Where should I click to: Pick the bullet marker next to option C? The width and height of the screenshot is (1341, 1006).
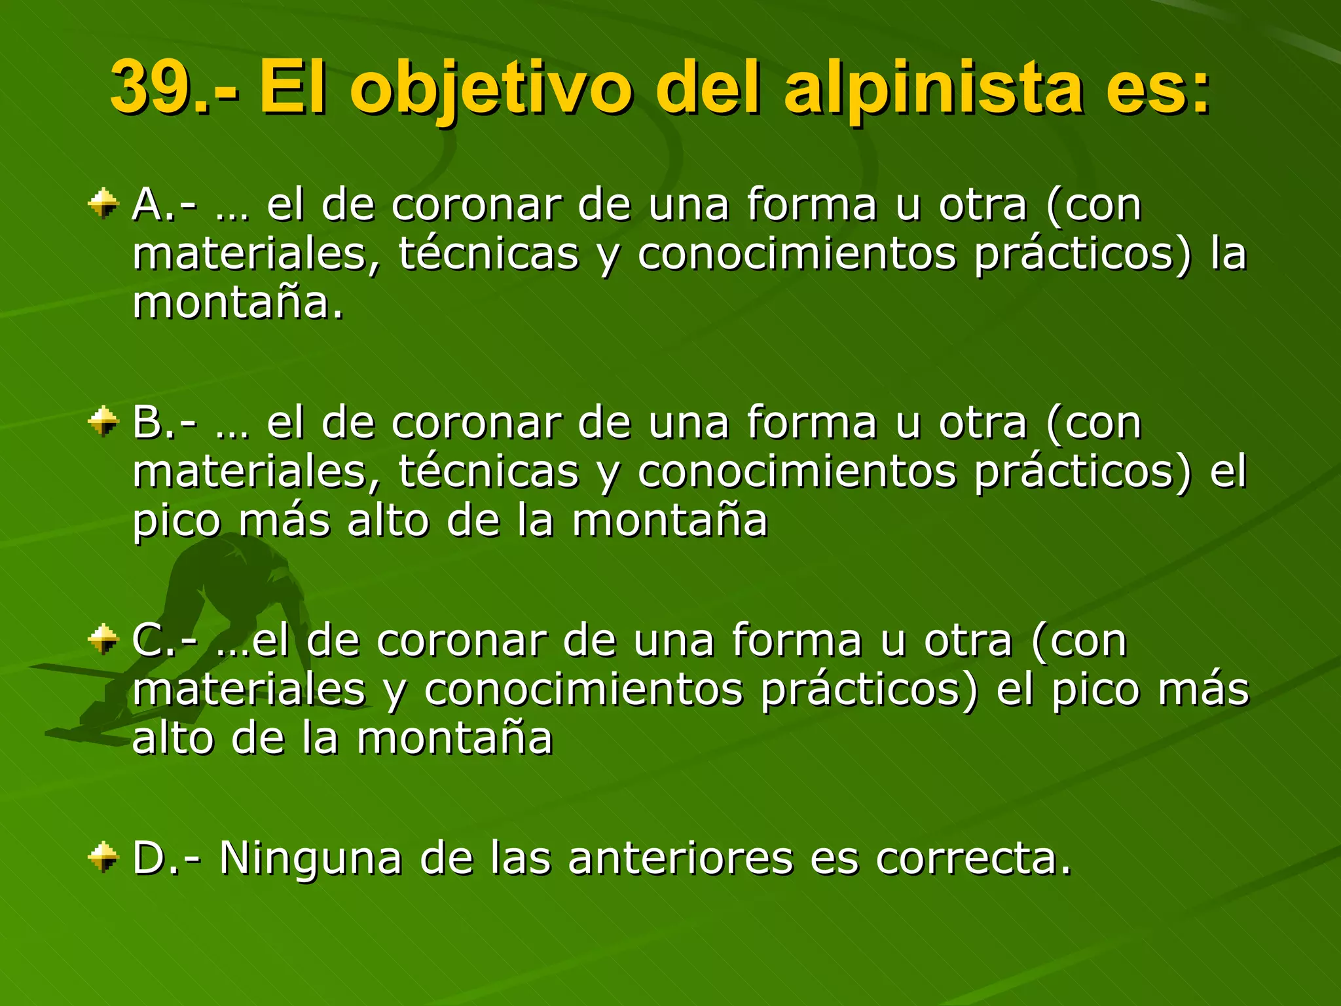pos(103,639)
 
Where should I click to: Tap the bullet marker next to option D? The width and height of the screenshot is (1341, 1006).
pos(103,857)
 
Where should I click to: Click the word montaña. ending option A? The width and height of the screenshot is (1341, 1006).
pos(238,303)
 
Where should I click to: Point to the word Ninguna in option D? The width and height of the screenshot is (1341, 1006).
pos(310,858)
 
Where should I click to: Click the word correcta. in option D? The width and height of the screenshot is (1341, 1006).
pos(974,859)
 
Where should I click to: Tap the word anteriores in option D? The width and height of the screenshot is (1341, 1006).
pos(680,858)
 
